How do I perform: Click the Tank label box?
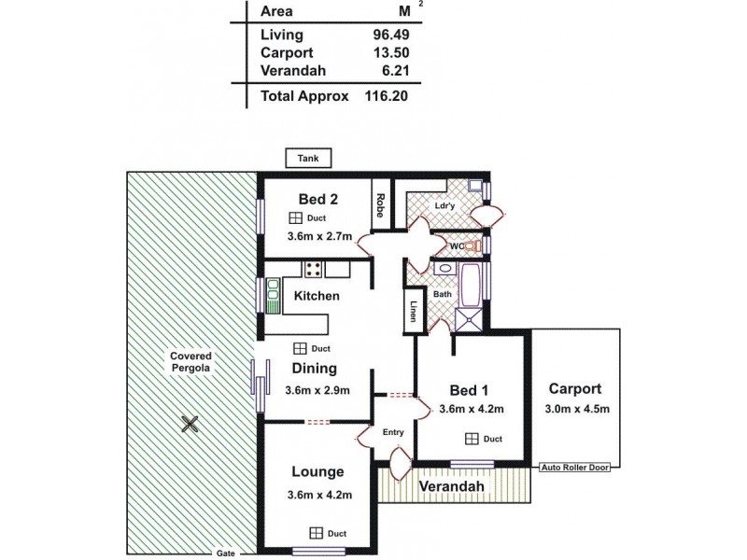pyautogui.click(x=307, y=159)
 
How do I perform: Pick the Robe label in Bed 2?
pyautogui.click(x=381, y=202)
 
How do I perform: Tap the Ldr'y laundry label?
pyautogui.click(x=444, y=205)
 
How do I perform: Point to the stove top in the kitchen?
pyautogui.click(x=313, y=270)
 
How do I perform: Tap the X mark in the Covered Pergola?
pyautogui.click(x=190, y=425)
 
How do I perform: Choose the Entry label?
pyautogui.click(x=392, y=431)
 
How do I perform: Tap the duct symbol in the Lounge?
pyautogui.click(x=317, y=533)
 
